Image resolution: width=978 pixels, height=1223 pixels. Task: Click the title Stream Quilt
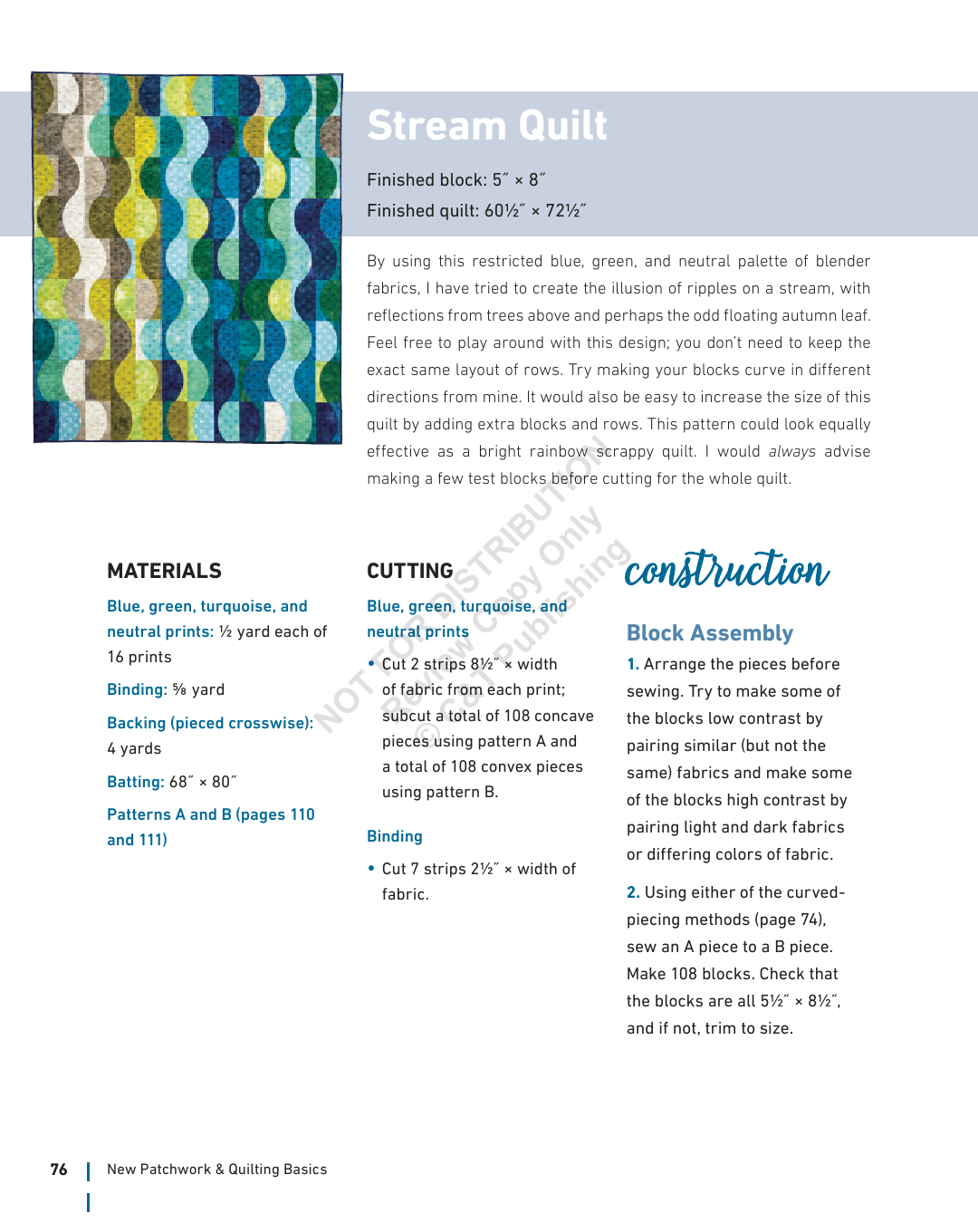pyautogui.click(x=486, y=126)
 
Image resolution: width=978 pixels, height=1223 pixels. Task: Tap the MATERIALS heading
pyautogui.click(x=164, y=571)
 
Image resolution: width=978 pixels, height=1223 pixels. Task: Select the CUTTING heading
pyautogui.click(x=409, y=571)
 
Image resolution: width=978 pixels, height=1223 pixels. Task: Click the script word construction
pyautogui.click(x=726, y=570)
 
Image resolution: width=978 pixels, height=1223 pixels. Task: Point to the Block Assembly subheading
pyautogui.click(x=710, y=633)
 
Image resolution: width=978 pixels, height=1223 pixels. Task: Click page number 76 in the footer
pyautogui.click(x=59, y=1170)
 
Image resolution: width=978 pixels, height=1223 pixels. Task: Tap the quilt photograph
pyautogui.click(x=187, y=257)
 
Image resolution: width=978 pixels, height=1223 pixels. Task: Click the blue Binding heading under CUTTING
pyautogui.click(x=395, y=836)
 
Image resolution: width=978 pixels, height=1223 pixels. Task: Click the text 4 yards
pyautogui.click(x=134, y=748)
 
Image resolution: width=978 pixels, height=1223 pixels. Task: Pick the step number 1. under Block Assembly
pyautogui.click(x=633, y=664)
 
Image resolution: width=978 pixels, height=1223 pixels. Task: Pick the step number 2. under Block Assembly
pyautogui.click(x=633, y=892)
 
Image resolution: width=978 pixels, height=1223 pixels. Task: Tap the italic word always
pyautogui.click(x=791, y=451)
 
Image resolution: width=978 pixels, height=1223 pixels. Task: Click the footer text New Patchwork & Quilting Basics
pyautogui.click(x=216, y=1170)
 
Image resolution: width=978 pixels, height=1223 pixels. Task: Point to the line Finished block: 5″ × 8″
pyautogui.click(x=455, y=180)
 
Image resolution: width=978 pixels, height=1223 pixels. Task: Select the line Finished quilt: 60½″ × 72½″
pyautogui.click(x=476, y=211)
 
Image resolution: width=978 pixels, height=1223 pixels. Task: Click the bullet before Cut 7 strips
pyautogui.click(x=371, y=868)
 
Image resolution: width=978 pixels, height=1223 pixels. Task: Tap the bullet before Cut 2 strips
pyautogui.click(x=371, y=663)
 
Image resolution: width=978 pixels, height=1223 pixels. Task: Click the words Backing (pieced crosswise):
pyautogui.click(x=210, y=723)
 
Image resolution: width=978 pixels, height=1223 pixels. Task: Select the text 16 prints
pyautogui.click(x=139, y=657)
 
